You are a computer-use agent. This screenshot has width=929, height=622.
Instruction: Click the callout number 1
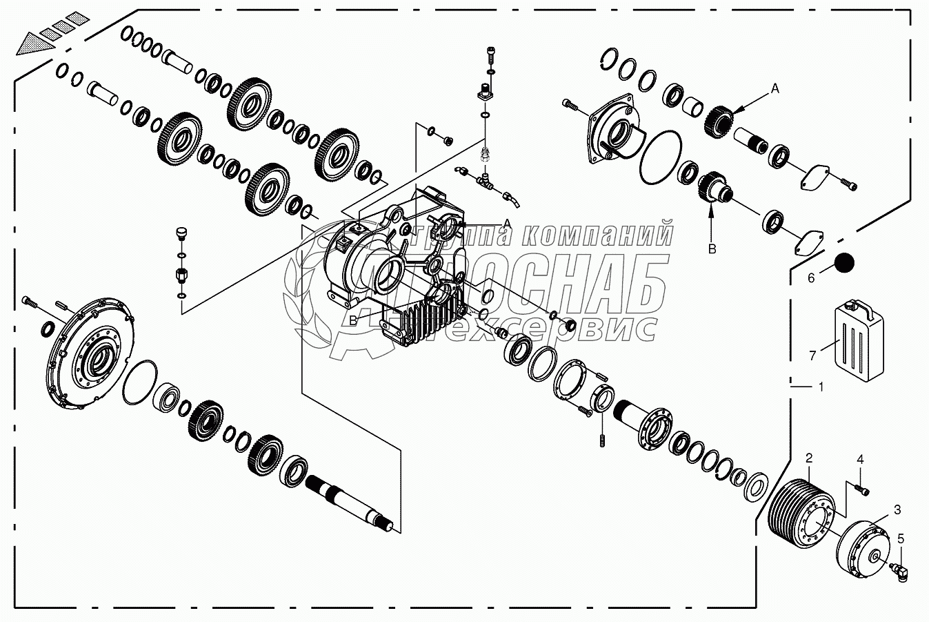pos(820,387)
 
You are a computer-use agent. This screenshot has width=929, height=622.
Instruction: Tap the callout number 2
pos(809,458)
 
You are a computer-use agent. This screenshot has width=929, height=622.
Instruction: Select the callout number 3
pos(897,510)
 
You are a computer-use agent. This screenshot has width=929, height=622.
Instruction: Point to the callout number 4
pos(860,459)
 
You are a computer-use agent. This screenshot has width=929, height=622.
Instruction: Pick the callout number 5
pos(900,538)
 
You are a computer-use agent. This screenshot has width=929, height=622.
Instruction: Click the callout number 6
pos(811,278)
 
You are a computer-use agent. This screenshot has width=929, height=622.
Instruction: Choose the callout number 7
pos(812,356)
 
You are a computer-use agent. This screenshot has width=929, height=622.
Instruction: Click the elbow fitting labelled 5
pos(900,572)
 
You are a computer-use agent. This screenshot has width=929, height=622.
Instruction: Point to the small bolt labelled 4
pos(861,487)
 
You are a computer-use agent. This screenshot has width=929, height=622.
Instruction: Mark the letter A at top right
pos(775,88)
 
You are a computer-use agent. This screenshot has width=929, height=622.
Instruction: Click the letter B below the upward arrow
pos(712,249)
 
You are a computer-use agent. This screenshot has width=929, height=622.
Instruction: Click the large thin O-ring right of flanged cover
pos(660,159)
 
